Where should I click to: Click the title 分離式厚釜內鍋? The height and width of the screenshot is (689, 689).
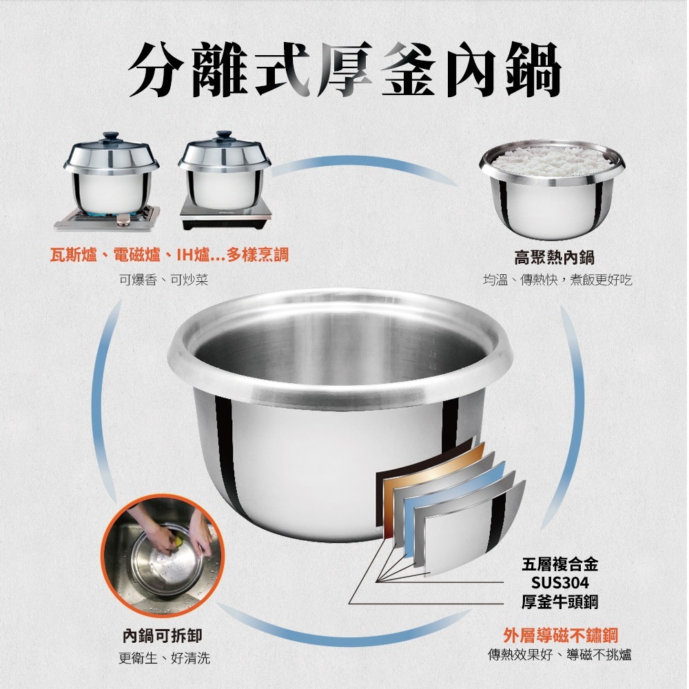pyautogui.click(x=344, y=71)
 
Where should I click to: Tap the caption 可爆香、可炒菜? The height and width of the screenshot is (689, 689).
pyautogui.click(x=163, y=280)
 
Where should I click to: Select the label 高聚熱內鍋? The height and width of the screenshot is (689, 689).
pyautogui.click(x=554, y=257)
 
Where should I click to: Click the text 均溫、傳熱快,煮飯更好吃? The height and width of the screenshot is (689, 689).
pyautogui.click(x=557, y=280)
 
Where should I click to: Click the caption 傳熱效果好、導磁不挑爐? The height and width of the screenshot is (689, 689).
pyautogui.click(x=559, y=655)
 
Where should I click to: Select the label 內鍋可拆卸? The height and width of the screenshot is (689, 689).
pyautogui.click(x=163, y=635)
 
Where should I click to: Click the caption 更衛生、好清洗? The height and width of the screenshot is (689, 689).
pyautogui.click(x=164, y=657)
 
